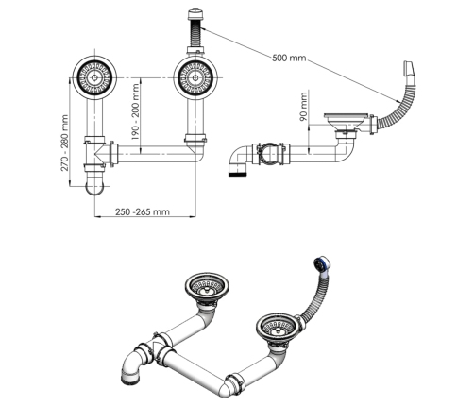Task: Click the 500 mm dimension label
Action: [x=289, y=58]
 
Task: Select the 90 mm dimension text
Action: [x=303, y=107]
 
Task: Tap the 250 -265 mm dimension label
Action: [x=143, y=211]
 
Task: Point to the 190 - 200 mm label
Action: [x=135, y=111]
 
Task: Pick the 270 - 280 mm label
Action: [x=64, y=144]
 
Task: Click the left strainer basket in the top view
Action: [x=94, y=77]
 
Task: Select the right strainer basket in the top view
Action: [x=195, y=77]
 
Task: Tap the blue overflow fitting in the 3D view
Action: [x=322, y=264]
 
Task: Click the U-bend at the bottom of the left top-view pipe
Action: [x=94, y=187]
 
